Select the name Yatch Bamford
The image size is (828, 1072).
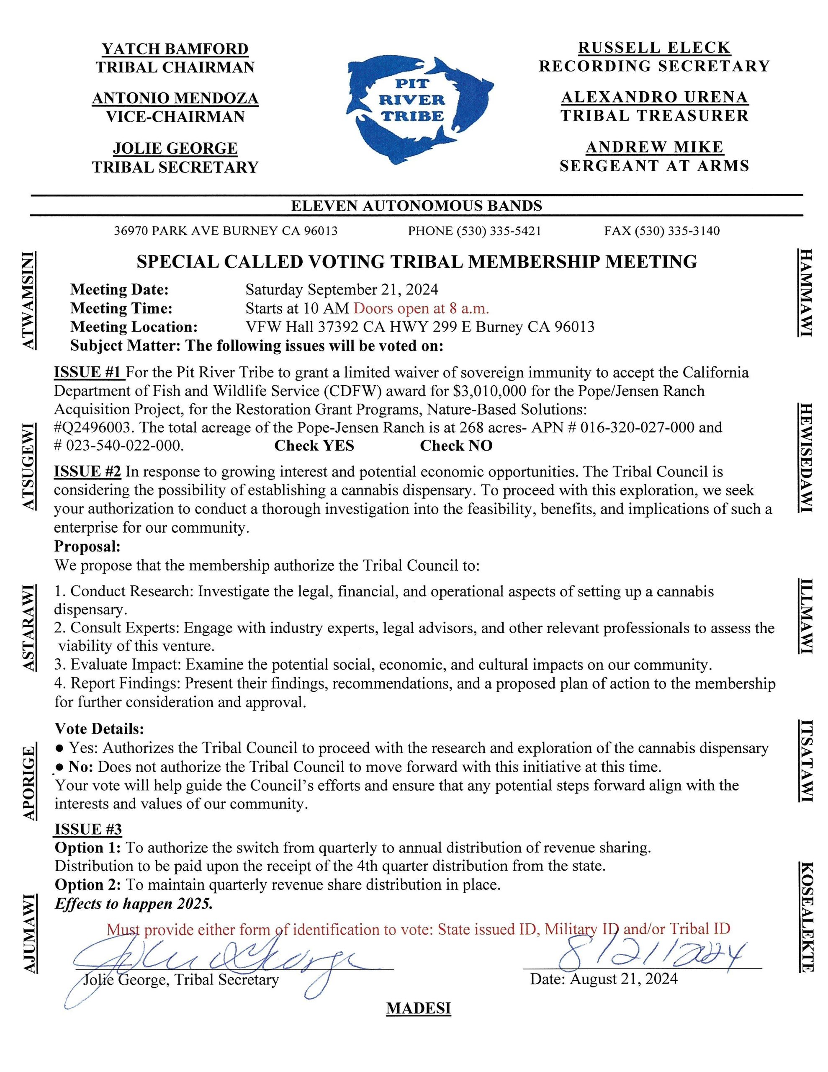(x=175, y=49)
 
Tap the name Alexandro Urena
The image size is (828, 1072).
(x=654, y=97)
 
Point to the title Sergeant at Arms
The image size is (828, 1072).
(x=654, y=166)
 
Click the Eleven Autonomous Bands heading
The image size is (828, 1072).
(x=416, y=206)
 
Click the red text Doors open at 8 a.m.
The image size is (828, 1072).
(x=421, y=308)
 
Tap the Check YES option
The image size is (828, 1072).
(x=314, y=445)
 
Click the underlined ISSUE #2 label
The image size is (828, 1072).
(x=87, y=471)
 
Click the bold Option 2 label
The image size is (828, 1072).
(x=87, y=884)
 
